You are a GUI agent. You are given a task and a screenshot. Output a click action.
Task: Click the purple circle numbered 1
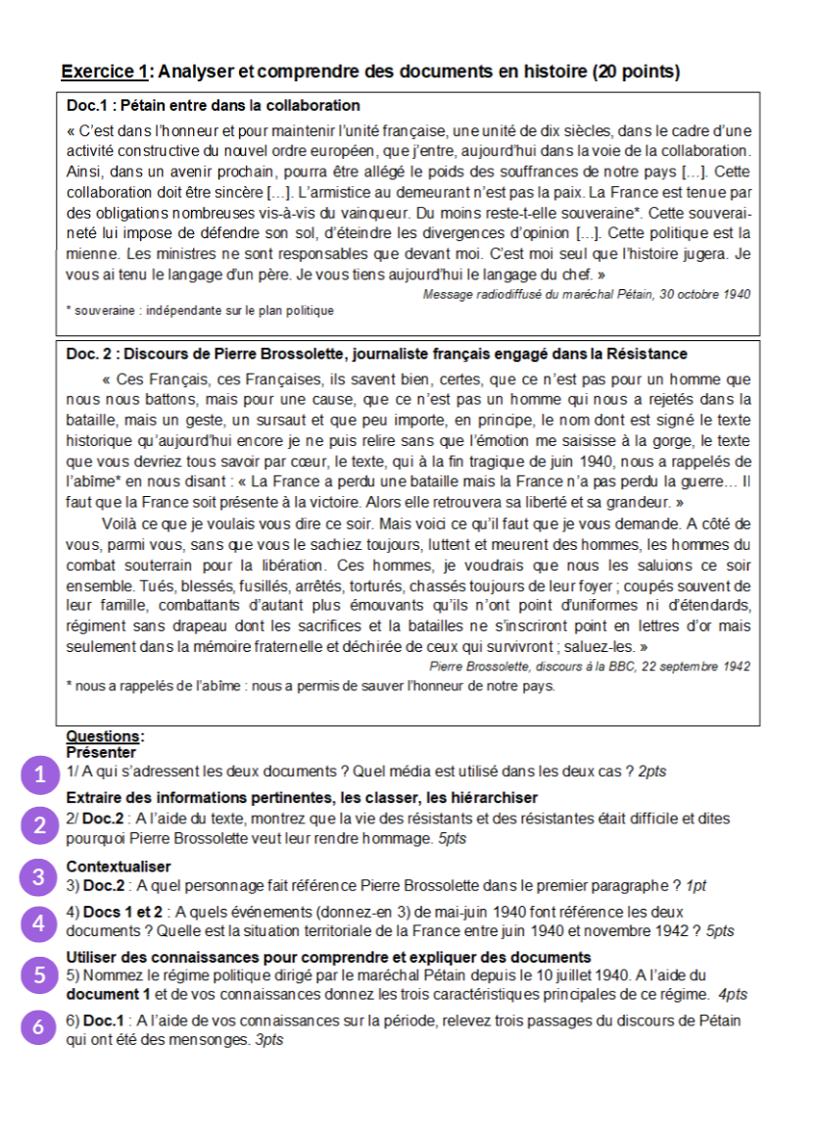(x=39, y=774)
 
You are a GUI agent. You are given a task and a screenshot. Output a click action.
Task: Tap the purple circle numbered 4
(x=39, y=923)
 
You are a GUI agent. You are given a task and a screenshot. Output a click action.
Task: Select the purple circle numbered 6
(x=39, y=1027)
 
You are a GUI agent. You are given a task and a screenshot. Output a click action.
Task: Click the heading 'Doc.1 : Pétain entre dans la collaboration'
(x=213, y=105)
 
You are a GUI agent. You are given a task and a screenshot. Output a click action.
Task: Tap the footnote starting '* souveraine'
(x=200, y=311)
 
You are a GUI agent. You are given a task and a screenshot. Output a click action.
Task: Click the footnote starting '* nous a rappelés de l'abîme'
(x=310, y=685)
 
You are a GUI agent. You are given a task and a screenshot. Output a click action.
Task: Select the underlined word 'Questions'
(x=103, y=737)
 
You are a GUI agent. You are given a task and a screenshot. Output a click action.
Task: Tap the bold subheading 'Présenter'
(x=101, y=752)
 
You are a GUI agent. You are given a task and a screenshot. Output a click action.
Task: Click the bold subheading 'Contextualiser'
(x=118, y=867)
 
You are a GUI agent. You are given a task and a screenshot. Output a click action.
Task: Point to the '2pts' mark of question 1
(x=652, y=772)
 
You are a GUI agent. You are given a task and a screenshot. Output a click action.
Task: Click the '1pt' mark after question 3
(x=696, y=886)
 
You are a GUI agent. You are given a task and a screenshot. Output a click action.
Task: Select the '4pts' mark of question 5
(x=732, y=994)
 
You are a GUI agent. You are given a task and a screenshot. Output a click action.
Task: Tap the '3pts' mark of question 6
(x=269, y=1039)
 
